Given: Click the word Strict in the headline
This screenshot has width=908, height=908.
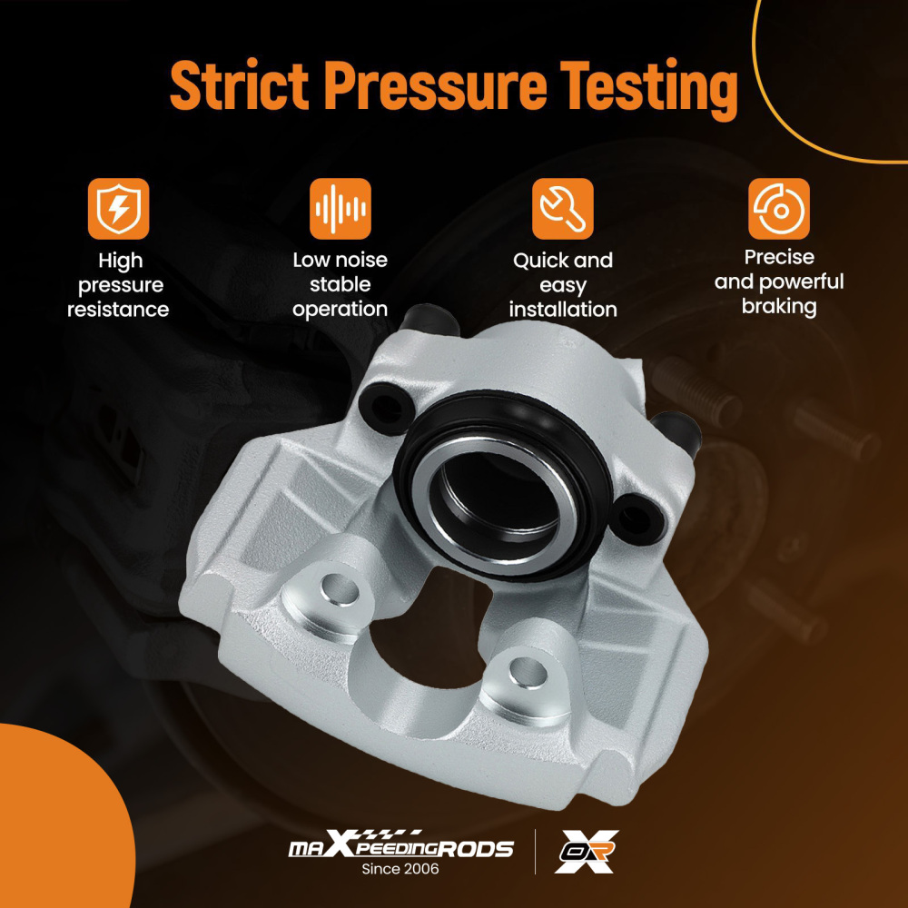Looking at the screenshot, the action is coord(239,85).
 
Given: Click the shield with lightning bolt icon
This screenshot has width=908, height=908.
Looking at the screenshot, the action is coord(119,209).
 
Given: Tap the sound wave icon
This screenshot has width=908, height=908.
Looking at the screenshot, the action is coord(340,209).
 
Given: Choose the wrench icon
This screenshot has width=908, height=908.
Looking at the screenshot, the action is coord(563,209).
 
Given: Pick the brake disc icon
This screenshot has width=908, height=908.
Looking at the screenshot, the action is coord(779,209).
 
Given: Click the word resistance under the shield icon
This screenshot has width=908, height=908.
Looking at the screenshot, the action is coord(118,310).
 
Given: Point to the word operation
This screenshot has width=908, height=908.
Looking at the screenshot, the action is coord(340,310).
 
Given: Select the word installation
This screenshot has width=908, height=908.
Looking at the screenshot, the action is coord(563,310).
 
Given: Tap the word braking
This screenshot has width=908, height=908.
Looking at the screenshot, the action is coord(779,307).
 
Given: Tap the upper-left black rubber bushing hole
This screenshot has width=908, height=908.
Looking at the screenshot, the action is coord(385,409).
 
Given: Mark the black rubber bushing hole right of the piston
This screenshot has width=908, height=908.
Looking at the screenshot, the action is coord(637,518).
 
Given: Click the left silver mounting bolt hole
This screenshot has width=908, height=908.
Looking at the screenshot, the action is coord(340,591).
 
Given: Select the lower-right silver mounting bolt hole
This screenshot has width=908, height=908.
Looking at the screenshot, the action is coord(528,673).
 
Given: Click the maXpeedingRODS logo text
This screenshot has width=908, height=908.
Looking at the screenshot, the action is coord(400,845).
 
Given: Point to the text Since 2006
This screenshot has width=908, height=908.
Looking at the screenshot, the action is coord(400,869).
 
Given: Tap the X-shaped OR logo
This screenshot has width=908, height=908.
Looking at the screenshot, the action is coord(586,851).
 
